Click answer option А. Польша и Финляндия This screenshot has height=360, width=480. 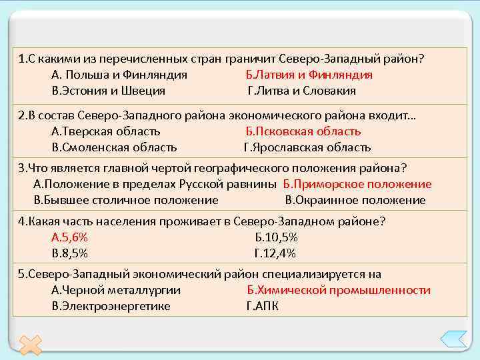click(x=119, y=75)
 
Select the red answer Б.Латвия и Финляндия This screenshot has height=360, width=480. click(x=309, y=75)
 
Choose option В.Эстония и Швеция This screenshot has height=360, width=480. click(x=108, y=91)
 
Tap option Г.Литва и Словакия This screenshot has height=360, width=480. click(x=301, y=91)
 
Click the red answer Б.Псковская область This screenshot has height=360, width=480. click(x=303, y=131)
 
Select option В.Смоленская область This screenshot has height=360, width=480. click(x=114, y=147)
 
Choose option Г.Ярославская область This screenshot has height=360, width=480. click(x=307, y=147)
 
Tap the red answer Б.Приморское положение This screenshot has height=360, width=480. click(x=357, y=184)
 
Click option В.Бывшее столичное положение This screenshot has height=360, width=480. click(x=126, y=200)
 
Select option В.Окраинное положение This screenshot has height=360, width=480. click(x=355, y=200)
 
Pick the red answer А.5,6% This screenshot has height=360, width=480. click(x=69, y=237)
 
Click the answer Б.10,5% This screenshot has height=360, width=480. click(x=276, y=237)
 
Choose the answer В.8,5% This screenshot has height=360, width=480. click(x=69, y=253)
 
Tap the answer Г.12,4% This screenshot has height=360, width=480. click(x=275, y=253)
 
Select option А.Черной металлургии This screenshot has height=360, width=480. click(x=115, y=290)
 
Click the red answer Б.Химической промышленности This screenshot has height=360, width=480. click(x=338, y=290)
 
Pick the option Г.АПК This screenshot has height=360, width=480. click(x=263, y=306)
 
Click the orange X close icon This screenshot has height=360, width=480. click(x=30, y=344)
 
